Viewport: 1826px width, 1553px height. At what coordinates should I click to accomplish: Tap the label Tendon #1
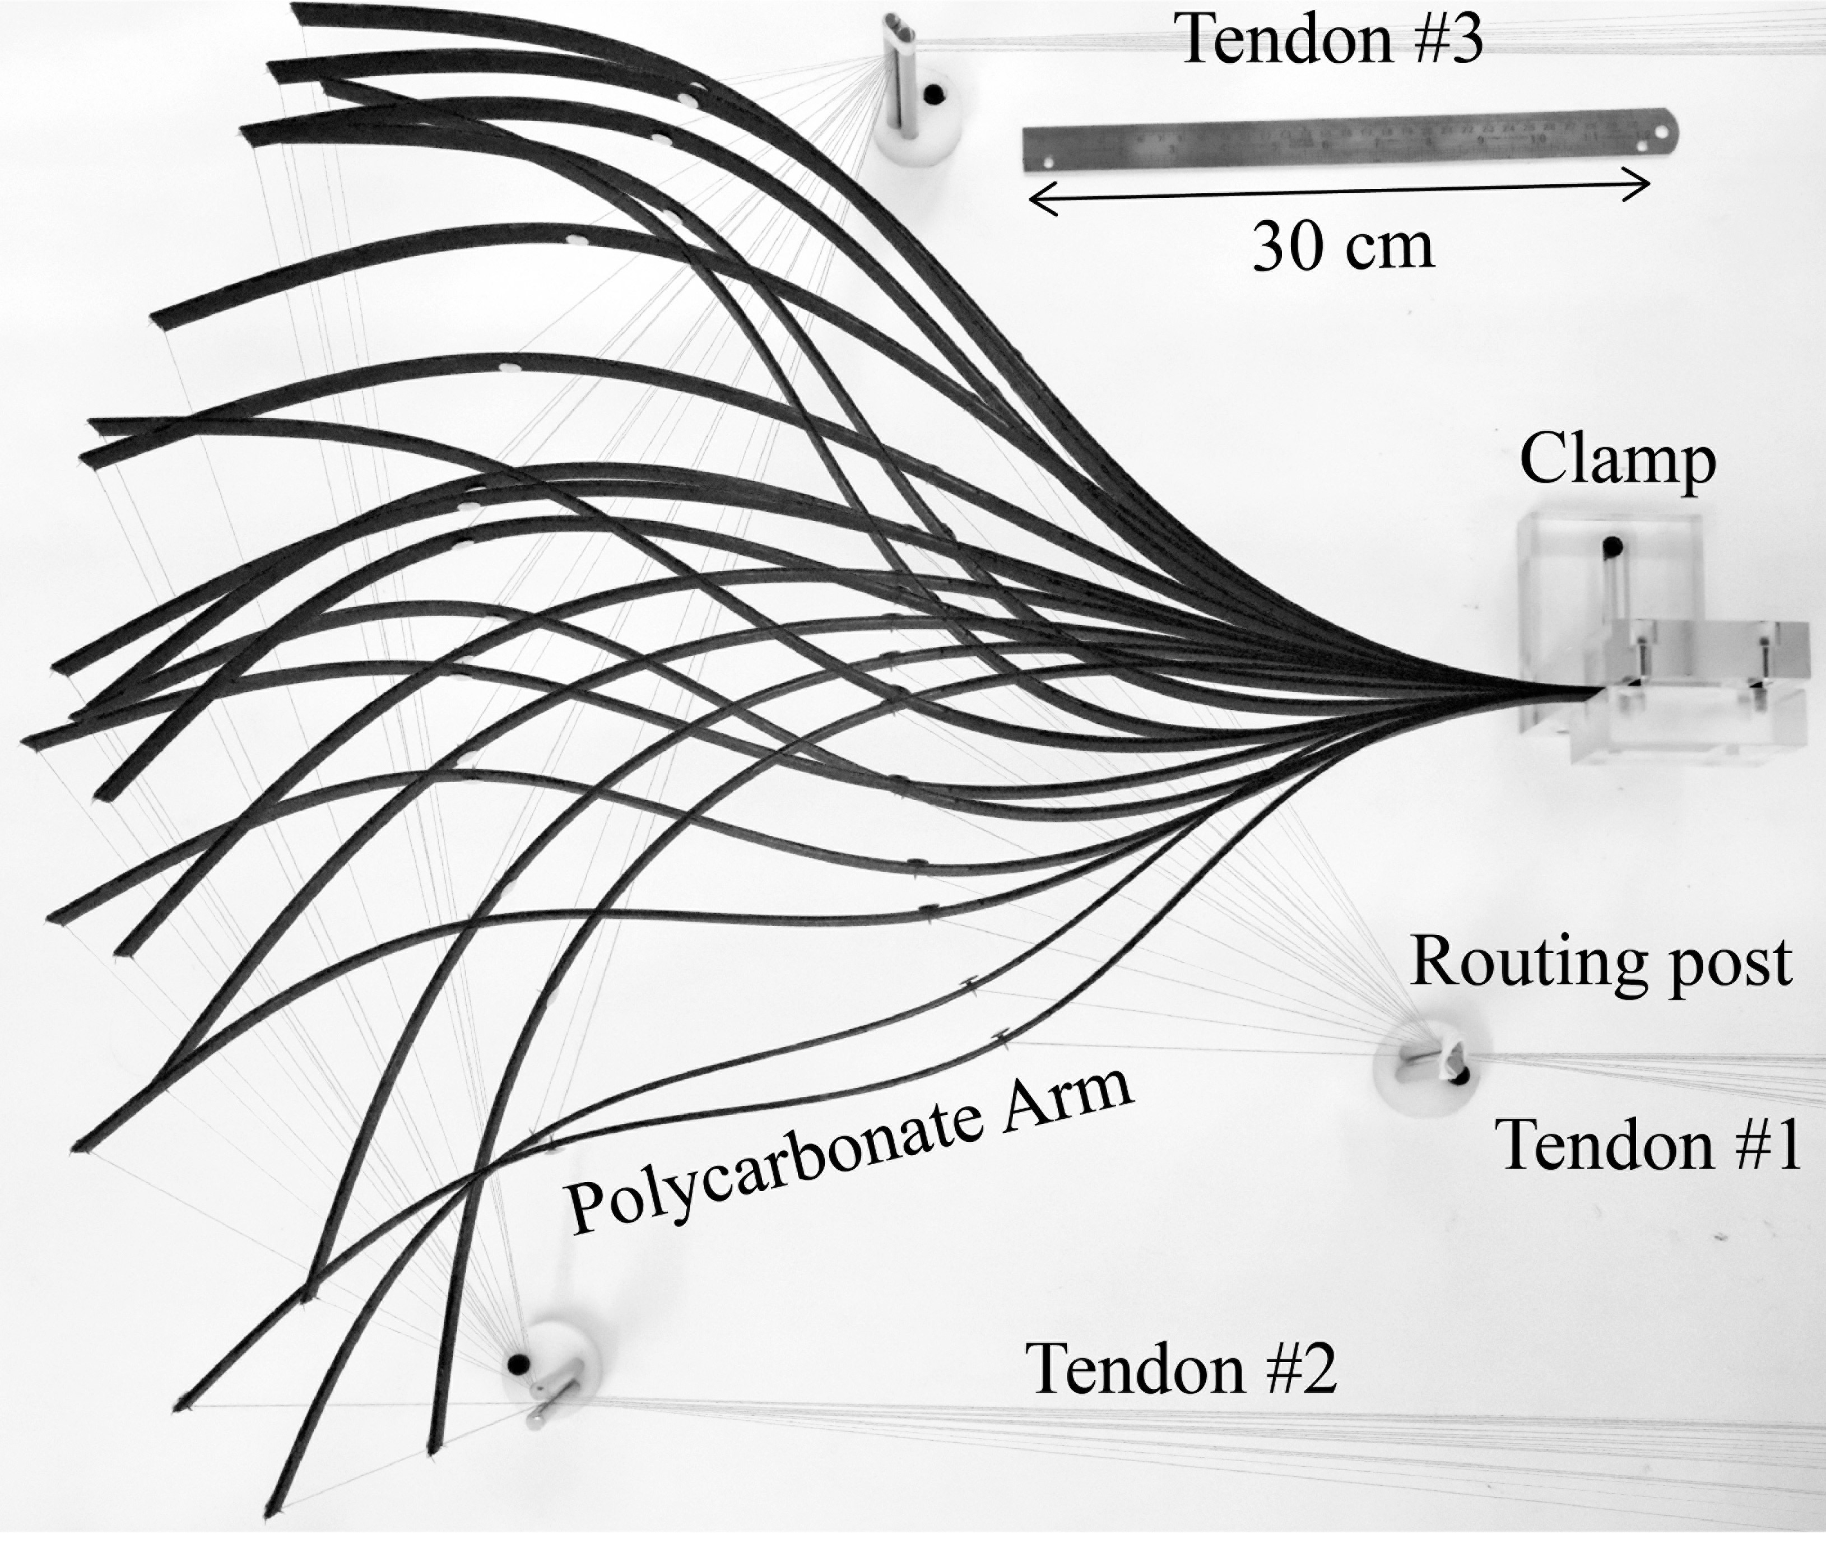coord(1649,1145)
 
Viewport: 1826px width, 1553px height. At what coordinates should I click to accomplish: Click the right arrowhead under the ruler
coord(1644,188)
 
